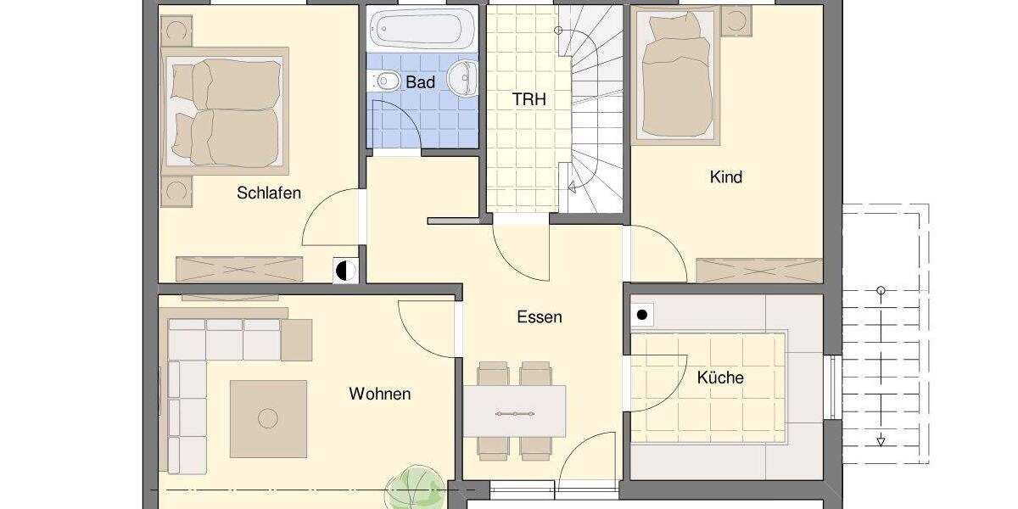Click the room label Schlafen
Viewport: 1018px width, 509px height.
269,193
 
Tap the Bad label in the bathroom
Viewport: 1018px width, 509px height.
421,82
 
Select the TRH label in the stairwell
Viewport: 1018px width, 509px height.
529,99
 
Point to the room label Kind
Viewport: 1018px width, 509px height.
725,177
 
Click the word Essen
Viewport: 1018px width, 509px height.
540,317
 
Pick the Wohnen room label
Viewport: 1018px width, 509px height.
379,394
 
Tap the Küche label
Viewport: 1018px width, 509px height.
720,378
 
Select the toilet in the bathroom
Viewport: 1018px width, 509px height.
386,81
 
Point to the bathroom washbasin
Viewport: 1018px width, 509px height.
462,78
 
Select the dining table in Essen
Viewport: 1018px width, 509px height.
514,411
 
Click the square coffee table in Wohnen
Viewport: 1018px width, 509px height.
268,417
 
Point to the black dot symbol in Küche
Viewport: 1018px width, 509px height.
642,316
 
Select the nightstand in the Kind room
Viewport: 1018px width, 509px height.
735,21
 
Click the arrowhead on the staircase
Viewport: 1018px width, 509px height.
573,187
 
